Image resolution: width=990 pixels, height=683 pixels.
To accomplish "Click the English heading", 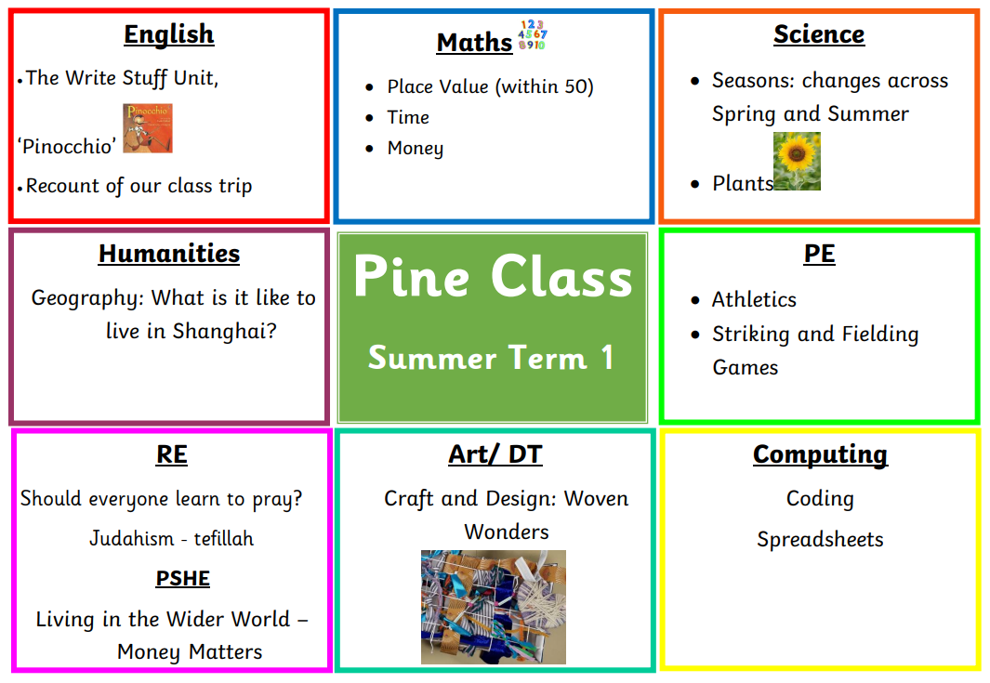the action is pyautogui.click(x=168, y=34).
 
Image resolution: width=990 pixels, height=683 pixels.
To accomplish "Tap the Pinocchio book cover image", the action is pyautogui.click(x=147, y=129).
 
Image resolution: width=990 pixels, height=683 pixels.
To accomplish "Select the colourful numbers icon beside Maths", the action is pyautogui.click(x=533, y=34).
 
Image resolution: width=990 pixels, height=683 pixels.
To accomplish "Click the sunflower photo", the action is pyautogui.click(x=797, y=161).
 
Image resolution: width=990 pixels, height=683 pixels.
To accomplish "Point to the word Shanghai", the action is pyautogui.click(x=224, y=331).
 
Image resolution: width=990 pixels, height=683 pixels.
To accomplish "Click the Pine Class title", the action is pyautogui.click(x=493, y=277).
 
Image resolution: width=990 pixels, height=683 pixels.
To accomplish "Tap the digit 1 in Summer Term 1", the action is pyautogui.click(x=607, y=357).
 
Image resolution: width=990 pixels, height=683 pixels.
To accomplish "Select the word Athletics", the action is pyautogui.click(x=754, y=299).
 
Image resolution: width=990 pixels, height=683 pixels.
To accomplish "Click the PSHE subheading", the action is pyautogui.click(x=182, y=578).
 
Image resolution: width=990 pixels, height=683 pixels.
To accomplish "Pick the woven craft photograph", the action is pyautogui.click(x=493, y=607).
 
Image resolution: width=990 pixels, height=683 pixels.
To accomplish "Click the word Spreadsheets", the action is pyautogui.click(x=820, y=540).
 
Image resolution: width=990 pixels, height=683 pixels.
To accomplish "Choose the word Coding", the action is pyautogui.click(x=820, y=499).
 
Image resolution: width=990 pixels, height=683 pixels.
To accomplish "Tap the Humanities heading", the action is pyautogui.click(x=169, y=254).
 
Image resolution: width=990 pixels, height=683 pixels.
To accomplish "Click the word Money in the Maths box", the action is pyautogui.click(x=416, y=149).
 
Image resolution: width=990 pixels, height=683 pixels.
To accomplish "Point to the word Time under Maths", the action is pyautogui.click(x=408, y=117).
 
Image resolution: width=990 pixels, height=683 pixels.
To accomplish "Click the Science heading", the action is pyautogui.click(x=819, y=34).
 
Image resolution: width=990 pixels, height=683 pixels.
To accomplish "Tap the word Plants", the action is pyautogui.click(x=743, y=183).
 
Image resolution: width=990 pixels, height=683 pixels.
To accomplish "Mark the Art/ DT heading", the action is pyautogui.click(x=495, y=454).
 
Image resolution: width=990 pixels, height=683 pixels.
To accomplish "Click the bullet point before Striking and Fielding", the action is pyautogui.click(x=695, y=335).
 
